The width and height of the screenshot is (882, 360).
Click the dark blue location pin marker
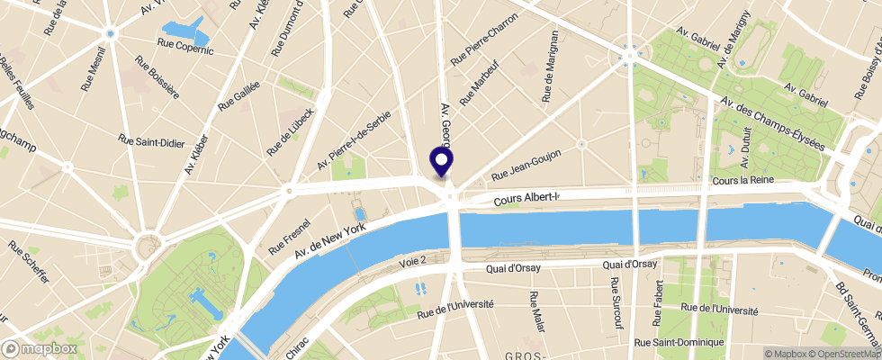pyautogui.click(x=442, y=160)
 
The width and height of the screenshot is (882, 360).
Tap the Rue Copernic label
pyautogui.click(x=186, y=49)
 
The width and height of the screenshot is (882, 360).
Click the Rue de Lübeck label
pyautogui.click(x=290, y=131)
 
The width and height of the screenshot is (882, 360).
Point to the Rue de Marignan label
pyautogui.click(x=551, y=69)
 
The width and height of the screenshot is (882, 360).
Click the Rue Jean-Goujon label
pyautogui.click(x=527, y=165)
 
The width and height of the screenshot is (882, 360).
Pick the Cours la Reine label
pyautogui.click(x=743, y=182)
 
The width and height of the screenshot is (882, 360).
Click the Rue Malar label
pyautogui.click(x=535, y=309)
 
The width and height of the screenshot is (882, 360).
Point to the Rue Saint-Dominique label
pyautogui.click(x=667, y=342)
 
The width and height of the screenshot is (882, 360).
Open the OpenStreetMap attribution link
pyautogui.click(x=844, y=353)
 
